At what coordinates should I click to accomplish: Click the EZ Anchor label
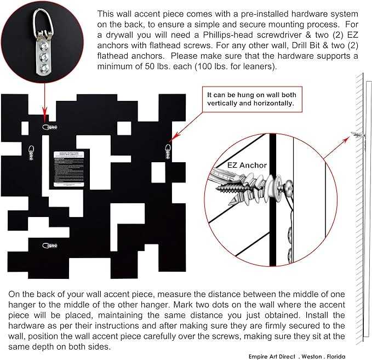pos(247,165)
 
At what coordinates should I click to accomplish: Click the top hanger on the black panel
pos(49,127)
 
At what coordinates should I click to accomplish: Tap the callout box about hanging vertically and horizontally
pos(251,99)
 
